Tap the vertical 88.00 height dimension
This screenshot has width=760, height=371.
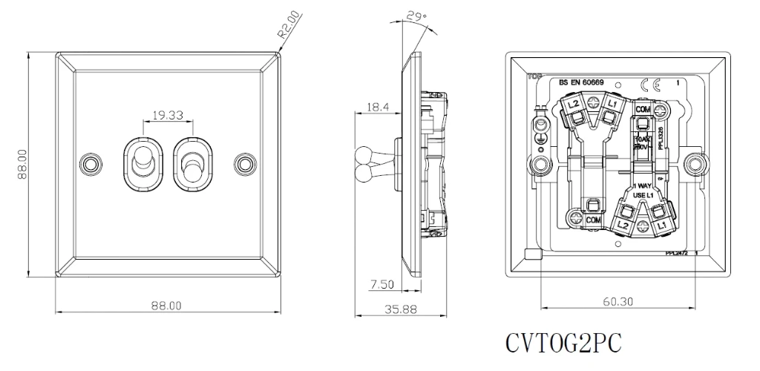(22, 165)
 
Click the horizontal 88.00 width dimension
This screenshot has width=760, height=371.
(167, 305)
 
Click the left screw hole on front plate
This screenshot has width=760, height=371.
(91, 162)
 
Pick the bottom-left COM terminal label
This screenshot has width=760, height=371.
(592, 220)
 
